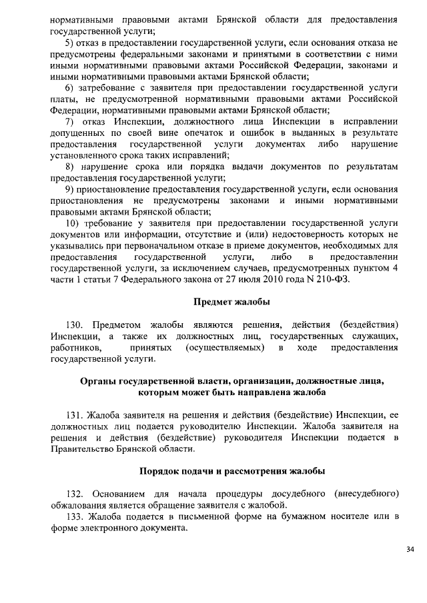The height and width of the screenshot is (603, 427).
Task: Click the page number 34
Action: (x=409, y=549)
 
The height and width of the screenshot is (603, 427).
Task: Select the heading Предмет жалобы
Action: (x=232, y=302)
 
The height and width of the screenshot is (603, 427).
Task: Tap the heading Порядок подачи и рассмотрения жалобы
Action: (x=232, y=471)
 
